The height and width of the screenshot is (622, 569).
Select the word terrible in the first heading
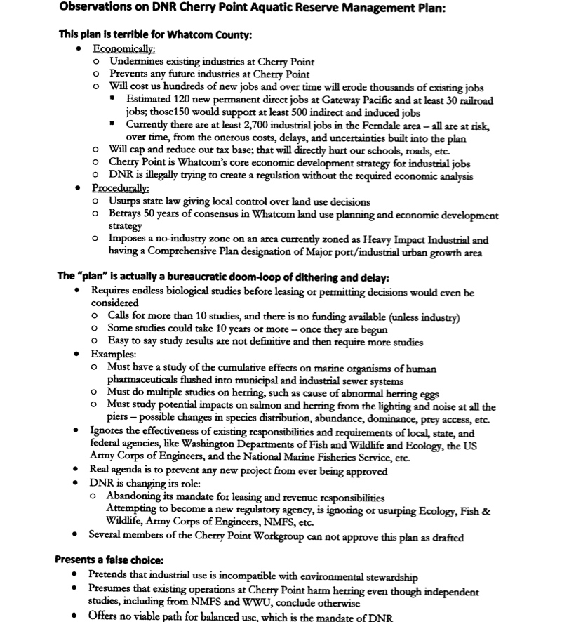tap(131, 34)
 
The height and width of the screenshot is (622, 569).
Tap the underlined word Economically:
tap(123, 49)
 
